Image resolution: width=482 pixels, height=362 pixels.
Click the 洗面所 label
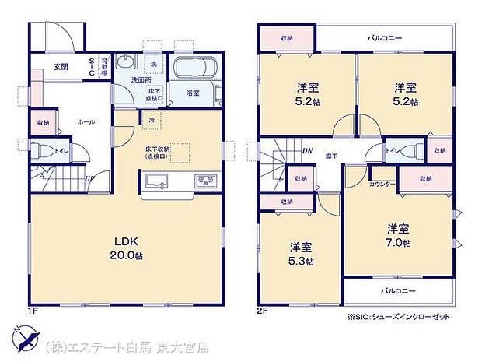pos(140,79)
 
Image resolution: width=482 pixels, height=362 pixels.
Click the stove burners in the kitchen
pos(208,182)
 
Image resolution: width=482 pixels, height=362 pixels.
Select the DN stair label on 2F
pos(307,151)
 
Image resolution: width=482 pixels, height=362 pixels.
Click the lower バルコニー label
pos(397,290)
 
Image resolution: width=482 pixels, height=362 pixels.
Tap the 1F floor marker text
pos(34,311)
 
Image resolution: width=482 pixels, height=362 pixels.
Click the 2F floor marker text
pos(263,311)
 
